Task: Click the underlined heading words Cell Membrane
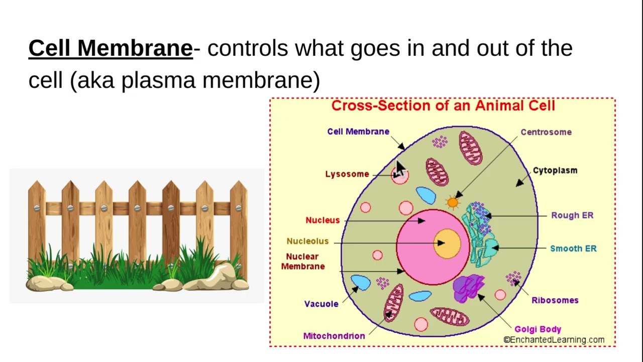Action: (x=111, y=48)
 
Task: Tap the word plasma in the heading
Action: (x=158, y=81)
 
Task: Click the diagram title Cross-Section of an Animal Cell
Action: (x=443, y=106)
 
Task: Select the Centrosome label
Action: (x=546, y=132)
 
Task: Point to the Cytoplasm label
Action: (x=555, y=170)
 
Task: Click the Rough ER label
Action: (x=572, y=215)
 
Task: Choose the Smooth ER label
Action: (x=573, y=248)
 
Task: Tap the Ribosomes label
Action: (x=555, y=300)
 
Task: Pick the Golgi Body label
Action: (x=538, y=329)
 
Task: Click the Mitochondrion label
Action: (x=334, y=336)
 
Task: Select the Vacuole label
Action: (x=321, y=304)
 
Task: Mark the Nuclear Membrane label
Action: (x=303, y=261)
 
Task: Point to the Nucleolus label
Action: (x=307, y=241)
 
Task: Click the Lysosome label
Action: (x=347, y=174)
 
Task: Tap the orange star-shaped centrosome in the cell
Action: (x=453, y=203)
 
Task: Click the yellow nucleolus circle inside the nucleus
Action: (x=447, y=244)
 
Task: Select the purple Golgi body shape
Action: (x=468, y=288)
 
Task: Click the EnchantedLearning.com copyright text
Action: (x=554, y=340)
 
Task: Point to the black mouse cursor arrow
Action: (x=399, y=169)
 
